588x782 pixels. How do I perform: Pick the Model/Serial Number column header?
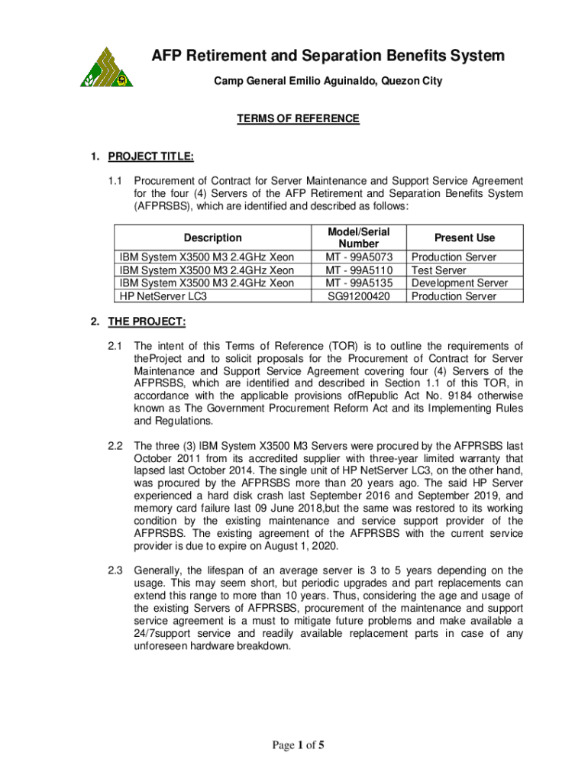[x=358, y=238]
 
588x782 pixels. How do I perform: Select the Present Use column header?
[x=464, y=238]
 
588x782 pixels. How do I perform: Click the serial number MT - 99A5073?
[x=359, y=257]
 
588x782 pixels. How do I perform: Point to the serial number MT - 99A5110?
[x=359, y=270]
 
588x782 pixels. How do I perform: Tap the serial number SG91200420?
[x=359, y=296]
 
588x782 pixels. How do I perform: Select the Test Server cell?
[x=439, y=270]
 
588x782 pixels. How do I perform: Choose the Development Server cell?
[x=459, y=283]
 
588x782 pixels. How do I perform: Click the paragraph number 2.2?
[x=115, y=445]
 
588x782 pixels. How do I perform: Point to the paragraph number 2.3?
[x=115, y=570]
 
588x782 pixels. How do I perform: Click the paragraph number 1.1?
[x=115, y=181]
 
